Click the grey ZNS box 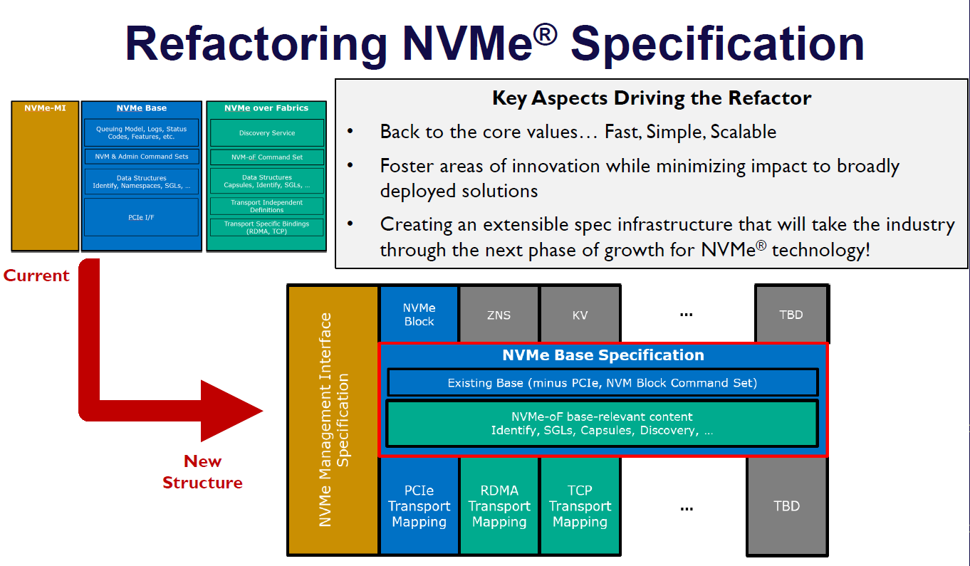click(499, 315)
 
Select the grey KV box click(580, 315)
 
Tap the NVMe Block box click(419, 315)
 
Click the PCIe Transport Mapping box click(419, 506)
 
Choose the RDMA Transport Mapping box click(499, 506)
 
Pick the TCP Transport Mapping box click(580, 506)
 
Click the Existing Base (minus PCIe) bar click(602, 383)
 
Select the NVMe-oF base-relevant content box click(602, 424)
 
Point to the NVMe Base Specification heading click(603, 355)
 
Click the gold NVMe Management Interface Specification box click(333, 420)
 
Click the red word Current click(36, 276)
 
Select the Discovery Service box click(267, 133)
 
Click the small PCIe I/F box click(141, 217)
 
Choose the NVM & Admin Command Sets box click(141, 157)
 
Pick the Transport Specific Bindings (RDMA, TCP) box click(267, 228)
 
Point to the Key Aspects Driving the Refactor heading click(652, 98)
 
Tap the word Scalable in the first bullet click(743, 132)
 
